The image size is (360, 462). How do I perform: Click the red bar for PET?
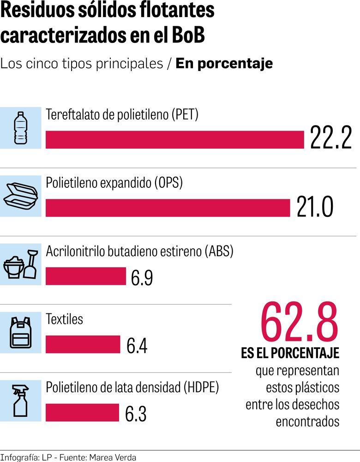[x=174, y=139]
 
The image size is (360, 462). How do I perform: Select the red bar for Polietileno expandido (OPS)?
[x=168, y=208]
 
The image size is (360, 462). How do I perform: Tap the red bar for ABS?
[x=85, y=276]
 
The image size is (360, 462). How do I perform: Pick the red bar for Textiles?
[x=83, y=344]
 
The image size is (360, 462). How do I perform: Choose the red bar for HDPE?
[x=83, y=413]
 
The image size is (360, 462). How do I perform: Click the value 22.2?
[x=331, y=138]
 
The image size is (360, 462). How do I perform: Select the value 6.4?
[x=137, y=346]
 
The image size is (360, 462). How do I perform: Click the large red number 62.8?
[x=299, y=322]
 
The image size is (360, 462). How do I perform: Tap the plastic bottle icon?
[x=20, y=128]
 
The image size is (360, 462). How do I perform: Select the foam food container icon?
[x=20, y=196]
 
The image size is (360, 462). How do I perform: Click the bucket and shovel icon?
[x=20, y=264]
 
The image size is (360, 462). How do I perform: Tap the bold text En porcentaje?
[x=224, y=63]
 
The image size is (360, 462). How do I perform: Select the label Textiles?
[x=65, y=319]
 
